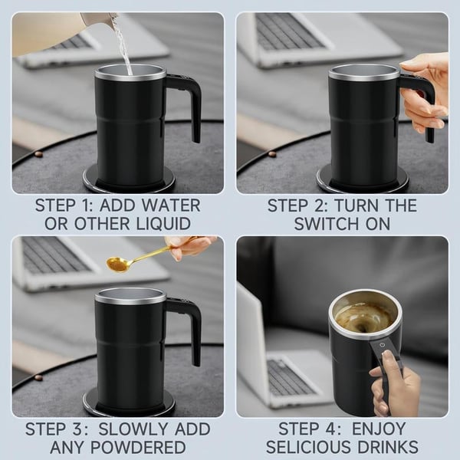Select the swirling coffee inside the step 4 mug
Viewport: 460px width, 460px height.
(364, 315)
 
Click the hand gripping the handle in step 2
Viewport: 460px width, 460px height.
(426, 92)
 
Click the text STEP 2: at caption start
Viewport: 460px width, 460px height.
(301, 205)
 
